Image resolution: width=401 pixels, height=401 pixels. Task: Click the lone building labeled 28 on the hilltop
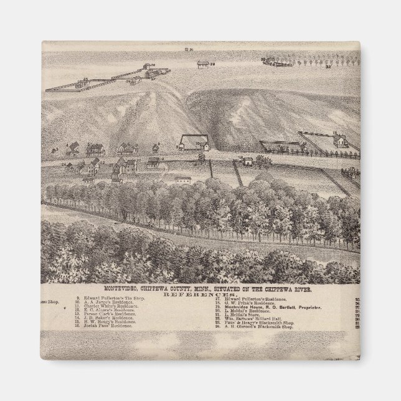tap(202, 64)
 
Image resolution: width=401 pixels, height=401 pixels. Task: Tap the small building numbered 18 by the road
tap(247, 162)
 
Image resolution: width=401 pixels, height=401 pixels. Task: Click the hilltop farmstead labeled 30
tap(277, 60)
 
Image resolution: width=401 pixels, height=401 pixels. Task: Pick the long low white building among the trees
tap(182, 180)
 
